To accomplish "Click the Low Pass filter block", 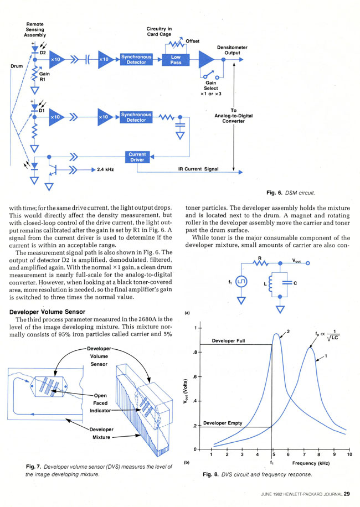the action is point(176,59).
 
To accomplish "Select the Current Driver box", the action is point(137,157).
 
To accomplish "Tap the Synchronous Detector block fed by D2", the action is point(136,59).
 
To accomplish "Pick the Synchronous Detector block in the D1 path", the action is point(136,117).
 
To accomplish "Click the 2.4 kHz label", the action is point(105,169).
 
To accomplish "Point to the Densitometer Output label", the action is point(232,50).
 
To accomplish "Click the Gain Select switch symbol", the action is point(211,75).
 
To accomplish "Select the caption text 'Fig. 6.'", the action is point(275,193).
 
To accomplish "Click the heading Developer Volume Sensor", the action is point(47,312).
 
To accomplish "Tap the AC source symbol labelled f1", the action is point(241,282).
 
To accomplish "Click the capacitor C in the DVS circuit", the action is point(287,283).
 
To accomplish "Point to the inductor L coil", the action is point(271,283).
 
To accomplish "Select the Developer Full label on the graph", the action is point(228,341).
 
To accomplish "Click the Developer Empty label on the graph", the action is point(223,423).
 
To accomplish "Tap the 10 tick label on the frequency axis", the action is point(349,454).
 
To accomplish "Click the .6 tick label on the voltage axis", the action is point(195,377).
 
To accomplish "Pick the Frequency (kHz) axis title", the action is point(311,463).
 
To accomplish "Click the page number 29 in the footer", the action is point(347,494).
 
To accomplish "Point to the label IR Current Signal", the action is point(198,169).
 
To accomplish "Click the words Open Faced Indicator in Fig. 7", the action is point(100,403).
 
